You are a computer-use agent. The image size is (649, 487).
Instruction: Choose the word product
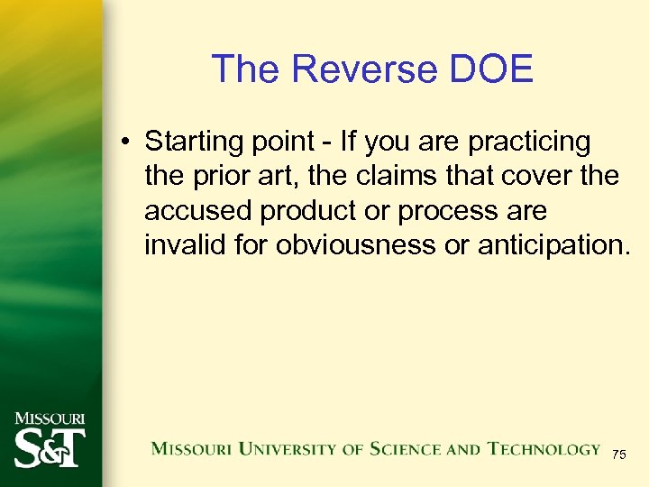click(298, 210)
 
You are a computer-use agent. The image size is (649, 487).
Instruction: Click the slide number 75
click(618, 455)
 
